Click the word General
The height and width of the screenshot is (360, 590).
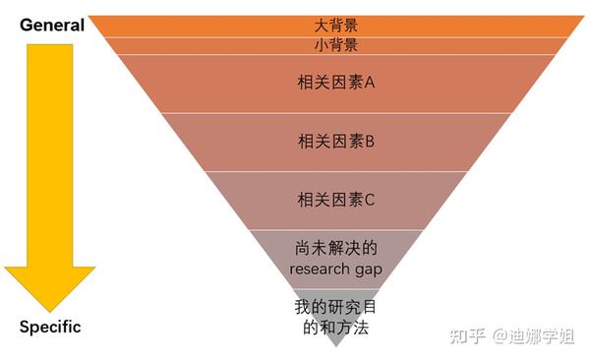coord(52,26)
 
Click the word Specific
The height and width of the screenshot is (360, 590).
coord(50,327)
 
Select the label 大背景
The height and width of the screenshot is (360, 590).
coord(336,26)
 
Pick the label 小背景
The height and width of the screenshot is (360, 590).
coord(336,45)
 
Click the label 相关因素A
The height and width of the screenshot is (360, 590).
coord(336,82)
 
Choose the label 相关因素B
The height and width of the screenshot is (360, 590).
coord(336,142)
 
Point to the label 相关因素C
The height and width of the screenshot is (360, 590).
coord(336,200)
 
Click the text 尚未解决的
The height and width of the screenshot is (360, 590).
coord(336,248)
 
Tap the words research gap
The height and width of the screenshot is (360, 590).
coord(336,270)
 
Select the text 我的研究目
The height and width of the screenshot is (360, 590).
coord(335,307)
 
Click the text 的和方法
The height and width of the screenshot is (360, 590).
coord(336,328)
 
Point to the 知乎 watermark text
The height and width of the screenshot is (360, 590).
coord(467,335)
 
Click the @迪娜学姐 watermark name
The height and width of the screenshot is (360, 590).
coord(534,335)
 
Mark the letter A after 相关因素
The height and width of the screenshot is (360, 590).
coord(370,82)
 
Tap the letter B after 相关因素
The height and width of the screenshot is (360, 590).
coord(370,142)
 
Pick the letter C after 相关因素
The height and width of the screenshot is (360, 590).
coord(370,200)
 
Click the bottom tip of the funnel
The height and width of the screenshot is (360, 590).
coord(336,346)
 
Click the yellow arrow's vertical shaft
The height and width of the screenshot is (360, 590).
coord(50,155)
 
